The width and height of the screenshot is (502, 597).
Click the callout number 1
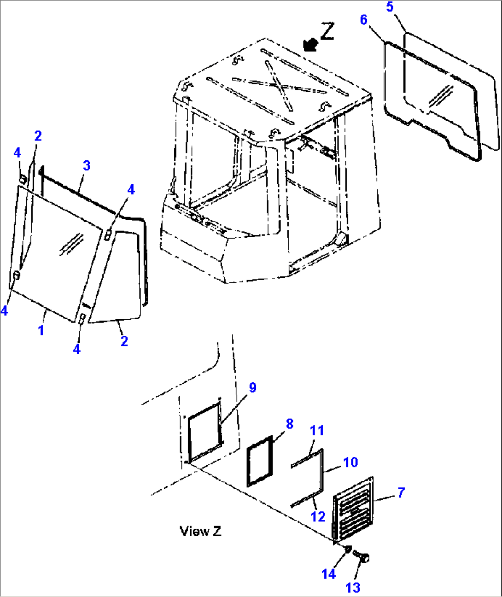click(41, 330)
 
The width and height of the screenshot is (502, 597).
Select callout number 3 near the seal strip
click(87, 165)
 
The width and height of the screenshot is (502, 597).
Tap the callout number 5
click(390, 7)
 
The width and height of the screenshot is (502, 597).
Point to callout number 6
click(364, 20)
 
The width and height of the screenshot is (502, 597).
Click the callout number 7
click(401, 492)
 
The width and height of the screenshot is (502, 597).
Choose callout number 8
click(289, 424)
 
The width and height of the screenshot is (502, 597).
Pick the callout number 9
click(252, 388)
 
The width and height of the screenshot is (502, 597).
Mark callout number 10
click(350, 462)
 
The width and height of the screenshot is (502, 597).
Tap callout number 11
click(317, 430)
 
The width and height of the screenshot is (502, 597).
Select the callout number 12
click(318, 516)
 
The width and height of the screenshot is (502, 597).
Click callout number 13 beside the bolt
click(353, 588)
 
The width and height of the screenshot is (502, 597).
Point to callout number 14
click(328, 574)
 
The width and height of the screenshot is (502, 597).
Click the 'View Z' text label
click(200, 531)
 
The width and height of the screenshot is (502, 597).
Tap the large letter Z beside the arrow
click(327, 31)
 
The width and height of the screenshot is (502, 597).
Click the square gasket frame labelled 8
click(260, 461)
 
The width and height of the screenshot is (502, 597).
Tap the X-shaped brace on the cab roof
click(279, 85)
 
